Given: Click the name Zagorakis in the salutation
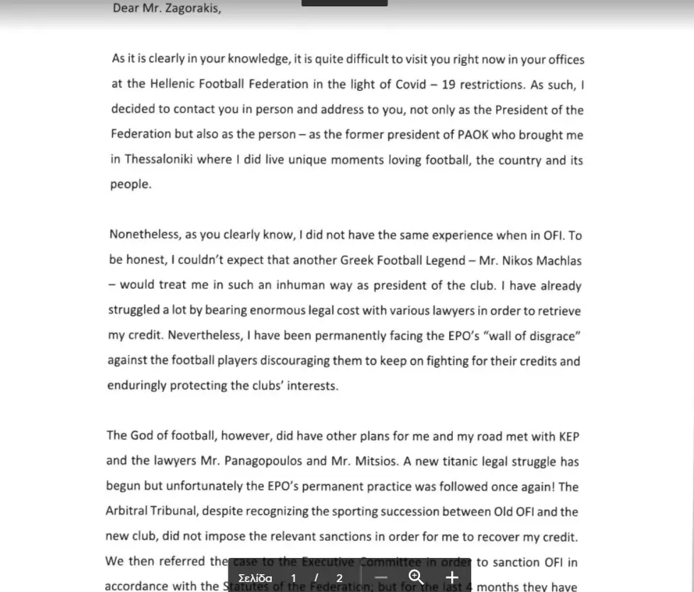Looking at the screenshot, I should click(192, 9).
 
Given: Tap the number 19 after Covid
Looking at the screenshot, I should click(448, 84).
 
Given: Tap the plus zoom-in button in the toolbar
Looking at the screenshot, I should click(452, 577).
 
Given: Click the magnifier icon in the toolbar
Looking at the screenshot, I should click(417, 577).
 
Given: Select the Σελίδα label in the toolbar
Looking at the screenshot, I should click(255, 578).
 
